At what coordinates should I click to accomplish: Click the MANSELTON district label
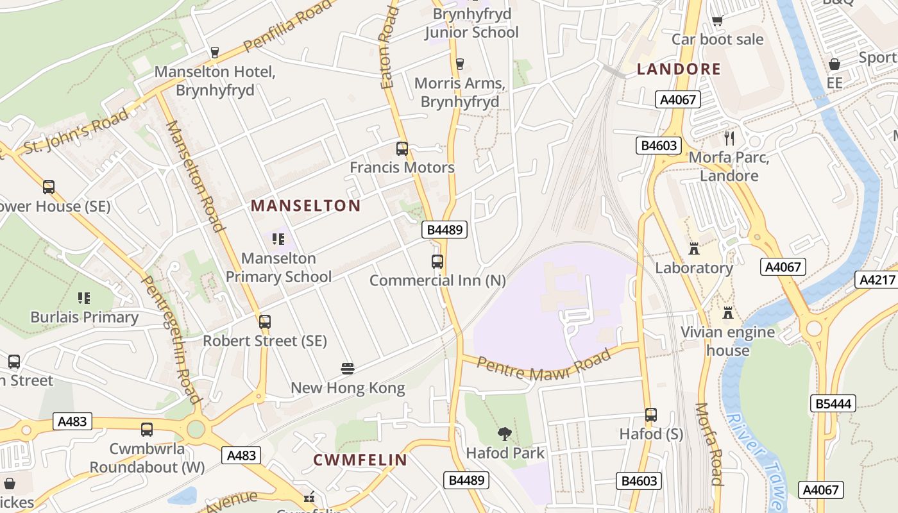coord(305,206)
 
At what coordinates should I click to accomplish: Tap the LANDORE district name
coord(679,69)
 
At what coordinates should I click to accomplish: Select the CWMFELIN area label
coord(360,460)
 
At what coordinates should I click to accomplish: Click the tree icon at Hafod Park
coord(505,434)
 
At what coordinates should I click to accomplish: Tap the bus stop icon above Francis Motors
coord(402,149)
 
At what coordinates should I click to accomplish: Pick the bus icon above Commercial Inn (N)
coord(437,262)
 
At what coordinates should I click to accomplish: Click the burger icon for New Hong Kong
coord(348,369)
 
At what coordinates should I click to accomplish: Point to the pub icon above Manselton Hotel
coord(215,53)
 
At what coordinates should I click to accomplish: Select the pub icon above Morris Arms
coord(459,63)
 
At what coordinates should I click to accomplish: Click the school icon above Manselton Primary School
coord(278,239)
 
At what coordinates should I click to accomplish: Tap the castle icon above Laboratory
coord(693,249)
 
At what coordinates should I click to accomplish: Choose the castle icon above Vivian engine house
coord(727,313)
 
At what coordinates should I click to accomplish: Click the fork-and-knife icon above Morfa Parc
coord(729,138)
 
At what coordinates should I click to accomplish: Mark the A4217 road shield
coord(876,280)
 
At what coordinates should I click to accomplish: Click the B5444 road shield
coord(833,403)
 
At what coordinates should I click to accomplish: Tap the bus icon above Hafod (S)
coord(651,415)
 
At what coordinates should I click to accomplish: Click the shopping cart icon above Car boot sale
coord(718,21)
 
